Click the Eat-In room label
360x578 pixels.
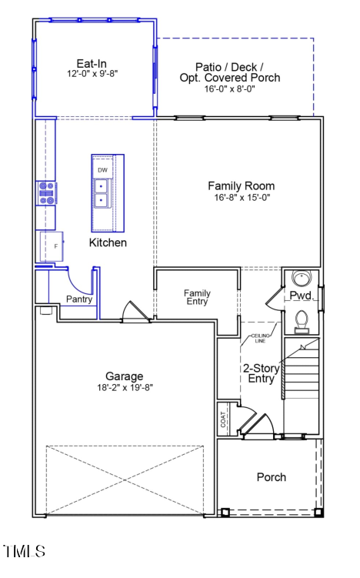[92, 63]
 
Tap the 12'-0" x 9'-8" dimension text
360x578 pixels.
[92, 74]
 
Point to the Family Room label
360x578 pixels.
[241, 186]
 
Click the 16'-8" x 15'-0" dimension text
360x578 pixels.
[241, 198]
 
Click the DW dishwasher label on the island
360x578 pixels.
[102, 169]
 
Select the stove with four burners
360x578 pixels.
[45, 192]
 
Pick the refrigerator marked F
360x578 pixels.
[51, 247]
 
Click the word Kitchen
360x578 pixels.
[108, 242]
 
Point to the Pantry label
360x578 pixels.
[79, 299]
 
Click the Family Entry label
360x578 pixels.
[197, 298]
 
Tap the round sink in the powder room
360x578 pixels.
[299, 279]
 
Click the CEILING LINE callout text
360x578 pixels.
[257, 339]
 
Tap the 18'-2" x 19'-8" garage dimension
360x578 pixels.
[124, 388]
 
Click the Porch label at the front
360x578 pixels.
[271, 477]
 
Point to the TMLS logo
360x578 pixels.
[24, 551]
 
